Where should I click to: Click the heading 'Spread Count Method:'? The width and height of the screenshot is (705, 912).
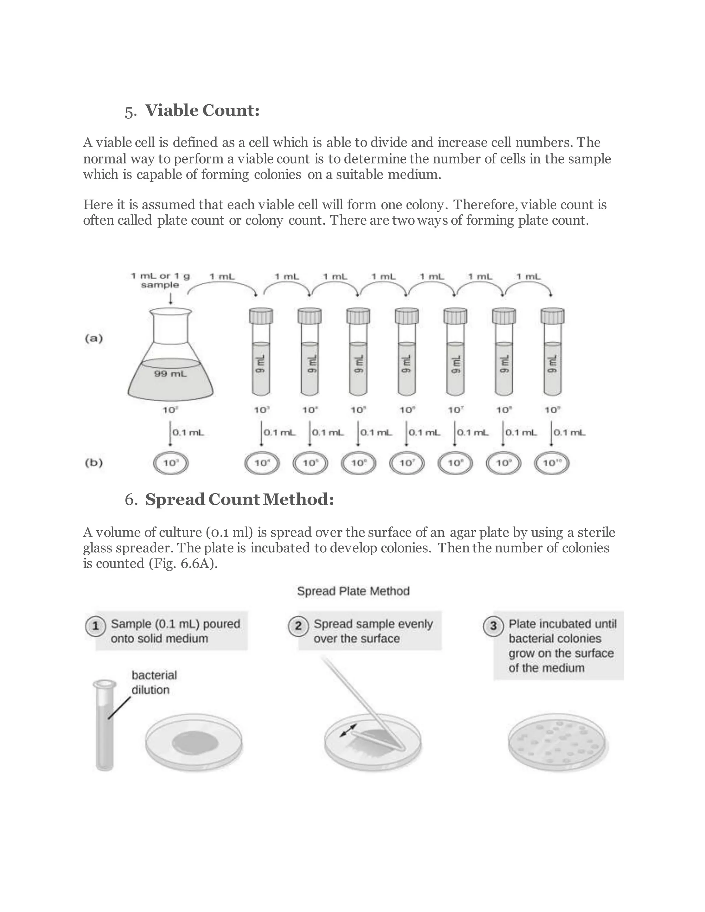[239, 499]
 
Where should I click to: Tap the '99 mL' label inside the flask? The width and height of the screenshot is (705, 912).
[170, 374]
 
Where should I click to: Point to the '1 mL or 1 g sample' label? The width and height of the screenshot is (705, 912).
[160, 280]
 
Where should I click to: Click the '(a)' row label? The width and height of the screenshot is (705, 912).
[94, 338]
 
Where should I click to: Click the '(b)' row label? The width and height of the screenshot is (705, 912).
[94, 463]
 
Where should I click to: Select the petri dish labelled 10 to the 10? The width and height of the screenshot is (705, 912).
[552, 463]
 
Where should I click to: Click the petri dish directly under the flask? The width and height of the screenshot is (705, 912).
[170, 463]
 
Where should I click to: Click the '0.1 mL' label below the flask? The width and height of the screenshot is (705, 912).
[188, 433]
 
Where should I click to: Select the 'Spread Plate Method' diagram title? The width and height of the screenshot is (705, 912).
[353, 591]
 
